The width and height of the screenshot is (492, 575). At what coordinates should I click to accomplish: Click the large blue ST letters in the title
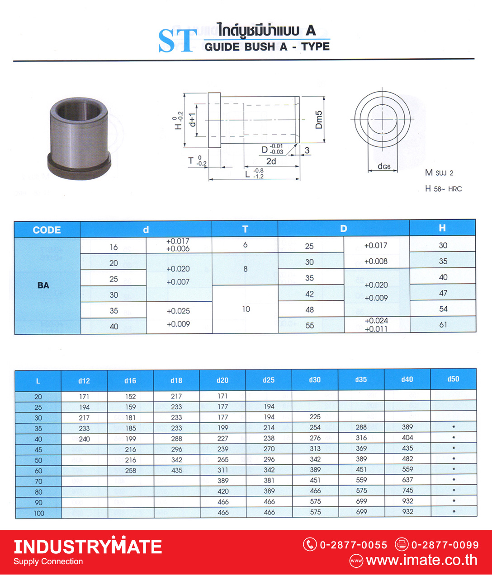click(x=177, y=41)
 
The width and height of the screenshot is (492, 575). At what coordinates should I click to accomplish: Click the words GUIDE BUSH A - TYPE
click(x=267, y=47)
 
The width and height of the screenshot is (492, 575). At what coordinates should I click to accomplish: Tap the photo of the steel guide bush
click(x=80, y=138)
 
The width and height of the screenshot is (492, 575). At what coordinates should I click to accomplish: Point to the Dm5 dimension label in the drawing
click(x=319, y=120)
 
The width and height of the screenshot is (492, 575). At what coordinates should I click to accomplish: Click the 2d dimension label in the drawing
click(x=271, y=161)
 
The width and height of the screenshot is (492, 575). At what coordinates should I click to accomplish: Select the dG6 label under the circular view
click(x=384, y=166)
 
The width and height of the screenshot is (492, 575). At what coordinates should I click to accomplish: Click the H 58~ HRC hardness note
click(x=443, y=189)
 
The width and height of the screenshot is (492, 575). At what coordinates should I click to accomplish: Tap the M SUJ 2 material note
click(x=439, y=173)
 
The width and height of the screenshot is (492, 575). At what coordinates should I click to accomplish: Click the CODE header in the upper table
click(x=47, y=230)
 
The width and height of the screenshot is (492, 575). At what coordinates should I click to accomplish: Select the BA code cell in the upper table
click(x=43, y=285)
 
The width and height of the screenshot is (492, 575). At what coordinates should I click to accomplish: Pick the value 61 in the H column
click(x=443, y=325)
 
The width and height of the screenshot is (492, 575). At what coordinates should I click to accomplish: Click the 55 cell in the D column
click(x=310, y=325)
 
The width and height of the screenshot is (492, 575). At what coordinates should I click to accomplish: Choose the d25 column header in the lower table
click(x=269, y=380)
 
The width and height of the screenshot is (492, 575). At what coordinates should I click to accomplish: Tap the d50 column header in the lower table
click(x=453, y=379)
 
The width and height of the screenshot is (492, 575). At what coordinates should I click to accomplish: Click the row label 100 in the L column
click(x=39, y=513)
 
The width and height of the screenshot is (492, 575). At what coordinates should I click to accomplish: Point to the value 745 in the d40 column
click(x=407, y=491)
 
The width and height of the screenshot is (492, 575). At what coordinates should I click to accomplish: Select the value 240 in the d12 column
click(x=84, y=439)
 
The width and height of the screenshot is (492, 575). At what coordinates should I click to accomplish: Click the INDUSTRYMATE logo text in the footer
click(x=88, y=547)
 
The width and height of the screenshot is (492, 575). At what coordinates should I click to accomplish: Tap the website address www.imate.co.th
click(x=421, y=561)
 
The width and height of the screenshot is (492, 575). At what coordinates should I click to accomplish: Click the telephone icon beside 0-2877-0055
click(x=310, y=545)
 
